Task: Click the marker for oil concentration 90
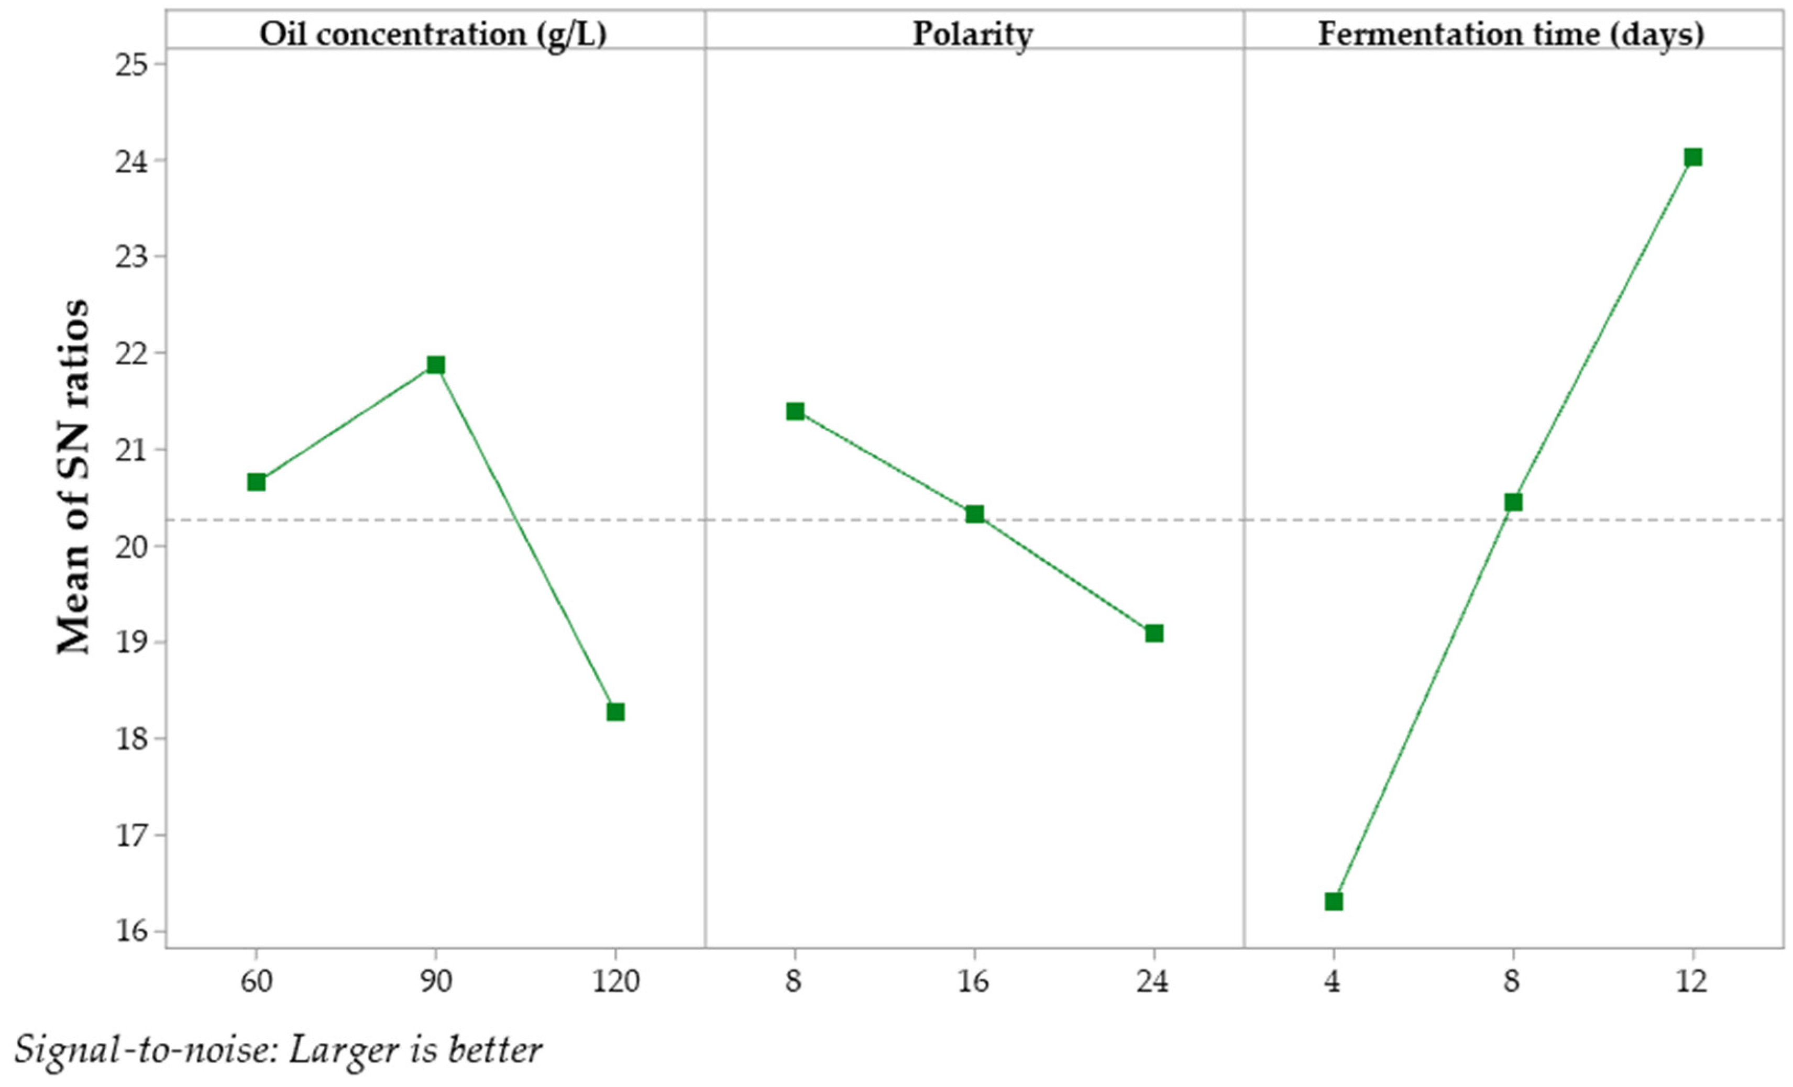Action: point(436,364)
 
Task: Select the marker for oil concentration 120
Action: point(615,712)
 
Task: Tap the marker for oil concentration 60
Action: point(256,482)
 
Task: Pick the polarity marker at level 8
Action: point(795,411)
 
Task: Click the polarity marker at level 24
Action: point(1154,633)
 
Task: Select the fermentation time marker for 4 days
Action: point(1334,902)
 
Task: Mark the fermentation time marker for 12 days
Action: point(1693,157)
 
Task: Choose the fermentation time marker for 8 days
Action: point(1514,502)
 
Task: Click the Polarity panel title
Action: point(973,34)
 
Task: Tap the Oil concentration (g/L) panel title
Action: point(433,34)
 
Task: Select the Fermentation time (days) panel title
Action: point(1511,34)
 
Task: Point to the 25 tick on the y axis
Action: point(131,64)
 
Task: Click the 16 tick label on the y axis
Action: point(131,931)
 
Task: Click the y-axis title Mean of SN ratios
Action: point(73,476)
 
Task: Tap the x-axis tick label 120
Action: point(615,982)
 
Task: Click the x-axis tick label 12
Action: point(1692,982)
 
